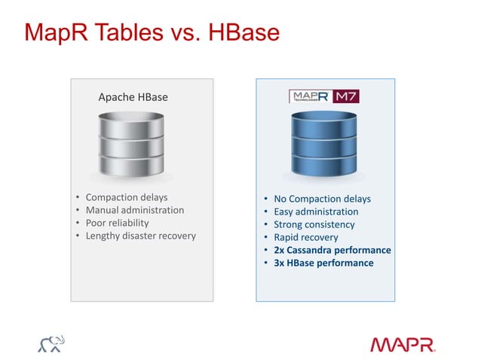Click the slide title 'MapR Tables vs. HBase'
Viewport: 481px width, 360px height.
pos(152,33)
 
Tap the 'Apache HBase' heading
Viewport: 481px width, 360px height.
pos(133,97)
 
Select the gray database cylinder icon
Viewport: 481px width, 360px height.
pos(131,145)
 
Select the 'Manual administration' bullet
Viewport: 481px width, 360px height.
pos(135,210)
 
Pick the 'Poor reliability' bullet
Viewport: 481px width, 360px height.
pos(117,223)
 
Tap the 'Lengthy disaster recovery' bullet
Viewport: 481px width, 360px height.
pos(140,236)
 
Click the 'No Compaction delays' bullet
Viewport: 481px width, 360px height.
pos(322,199)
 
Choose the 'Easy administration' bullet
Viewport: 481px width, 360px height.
pos(316,212)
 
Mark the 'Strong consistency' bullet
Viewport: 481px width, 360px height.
pos(314,224)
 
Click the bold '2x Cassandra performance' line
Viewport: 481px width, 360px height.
pos(332,250)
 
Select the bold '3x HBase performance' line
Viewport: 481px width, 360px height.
pos(323,263)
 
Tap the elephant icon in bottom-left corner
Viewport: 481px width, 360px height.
pos(51,343)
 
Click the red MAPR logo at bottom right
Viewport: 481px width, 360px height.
pos(402,344)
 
